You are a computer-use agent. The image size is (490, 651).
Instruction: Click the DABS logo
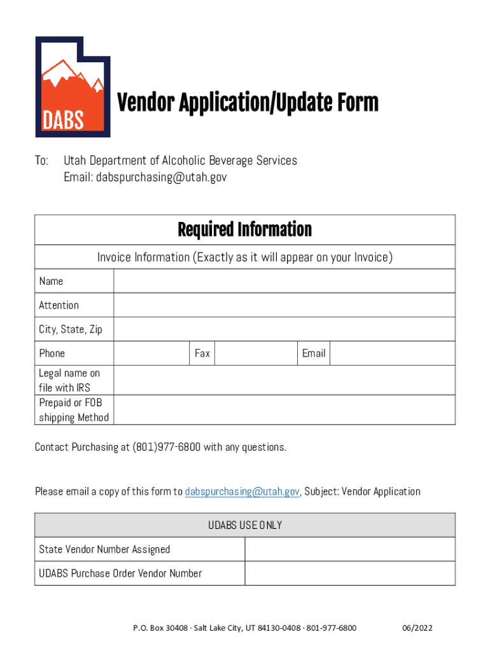[73, 86]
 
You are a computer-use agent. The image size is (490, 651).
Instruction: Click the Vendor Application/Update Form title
[248, 103]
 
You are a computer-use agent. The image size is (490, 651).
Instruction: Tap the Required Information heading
[245, 230]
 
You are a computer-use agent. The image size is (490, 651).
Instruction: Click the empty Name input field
[284, 281]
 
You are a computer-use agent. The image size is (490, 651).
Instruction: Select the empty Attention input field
[284, 305]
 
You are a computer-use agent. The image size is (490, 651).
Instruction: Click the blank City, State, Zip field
[284, 329]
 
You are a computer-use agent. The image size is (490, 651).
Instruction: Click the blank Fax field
[256, 353]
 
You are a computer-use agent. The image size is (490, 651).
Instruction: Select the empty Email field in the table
[392, 353]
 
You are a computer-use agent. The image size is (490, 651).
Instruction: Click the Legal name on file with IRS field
[284, 380]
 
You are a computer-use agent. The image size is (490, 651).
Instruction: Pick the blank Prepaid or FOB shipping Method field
[284, 410]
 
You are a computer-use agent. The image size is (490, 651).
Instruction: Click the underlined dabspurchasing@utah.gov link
[242, 491]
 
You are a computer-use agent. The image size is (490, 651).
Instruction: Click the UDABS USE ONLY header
[245, 525]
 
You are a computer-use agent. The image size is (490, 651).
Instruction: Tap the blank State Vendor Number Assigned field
[350, 549]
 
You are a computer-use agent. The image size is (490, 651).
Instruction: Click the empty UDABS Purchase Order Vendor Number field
[350, 573]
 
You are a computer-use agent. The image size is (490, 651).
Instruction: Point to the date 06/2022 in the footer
[417, 627]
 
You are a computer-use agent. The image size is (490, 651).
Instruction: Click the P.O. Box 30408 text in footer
[160, 627]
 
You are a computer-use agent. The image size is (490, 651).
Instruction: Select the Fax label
[202, 353]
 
